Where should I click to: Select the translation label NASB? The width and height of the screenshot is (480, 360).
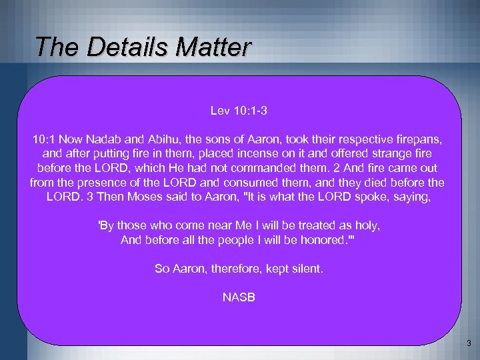coord(238,297)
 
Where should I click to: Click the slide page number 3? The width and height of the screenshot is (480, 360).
coord(469,344)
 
